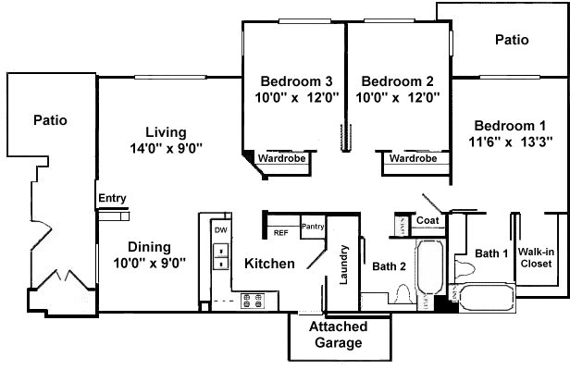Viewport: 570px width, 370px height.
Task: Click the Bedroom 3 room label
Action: click(x=296, y=81)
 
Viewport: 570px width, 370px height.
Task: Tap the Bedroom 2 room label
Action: click(x=397, y=81)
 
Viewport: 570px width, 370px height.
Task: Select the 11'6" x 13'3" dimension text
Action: click(x=511, y=142)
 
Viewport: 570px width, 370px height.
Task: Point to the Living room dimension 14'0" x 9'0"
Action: click(x=167, y=148)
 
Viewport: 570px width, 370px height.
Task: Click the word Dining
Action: click(x=149, y=247)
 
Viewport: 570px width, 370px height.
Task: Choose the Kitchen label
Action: click(x=269, y=264)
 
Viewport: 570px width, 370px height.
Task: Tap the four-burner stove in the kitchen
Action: click(x=253, y=301)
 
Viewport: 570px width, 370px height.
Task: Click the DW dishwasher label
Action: click(x=220, y=230)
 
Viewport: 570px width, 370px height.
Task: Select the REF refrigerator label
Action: click(x=280, y=233)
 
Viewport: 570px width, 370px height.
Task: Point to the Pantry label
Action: click(x=313, y=227)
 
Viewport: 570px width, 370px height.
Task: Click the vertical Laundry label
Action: click(x=343, y=265)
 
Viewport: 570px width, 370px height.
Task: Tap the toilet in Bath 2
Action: click(x=403, y=294)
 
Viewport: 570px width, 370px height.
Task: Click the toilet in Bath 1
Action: click(x=465, y=269)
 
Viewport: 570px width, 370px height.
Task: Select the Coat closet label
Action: click(x=427, y=220)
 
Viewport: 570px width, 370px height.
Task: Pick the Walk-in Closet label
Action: click(x=536, y=257)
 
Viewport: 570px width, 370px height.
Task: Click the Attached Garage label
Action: click(x=339, y=334)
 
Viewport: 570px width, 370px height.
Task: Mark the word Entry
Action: click(x=112, y=199)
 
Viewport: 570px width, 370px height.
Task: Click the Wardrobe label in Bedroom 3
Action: click(x=281, y=158)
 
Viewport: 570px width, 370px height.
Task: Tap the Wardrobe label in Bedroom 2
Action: click(x=413, y=158)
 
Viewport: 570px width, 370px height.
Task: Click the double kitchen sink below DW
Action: click(x=220, y=256)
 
